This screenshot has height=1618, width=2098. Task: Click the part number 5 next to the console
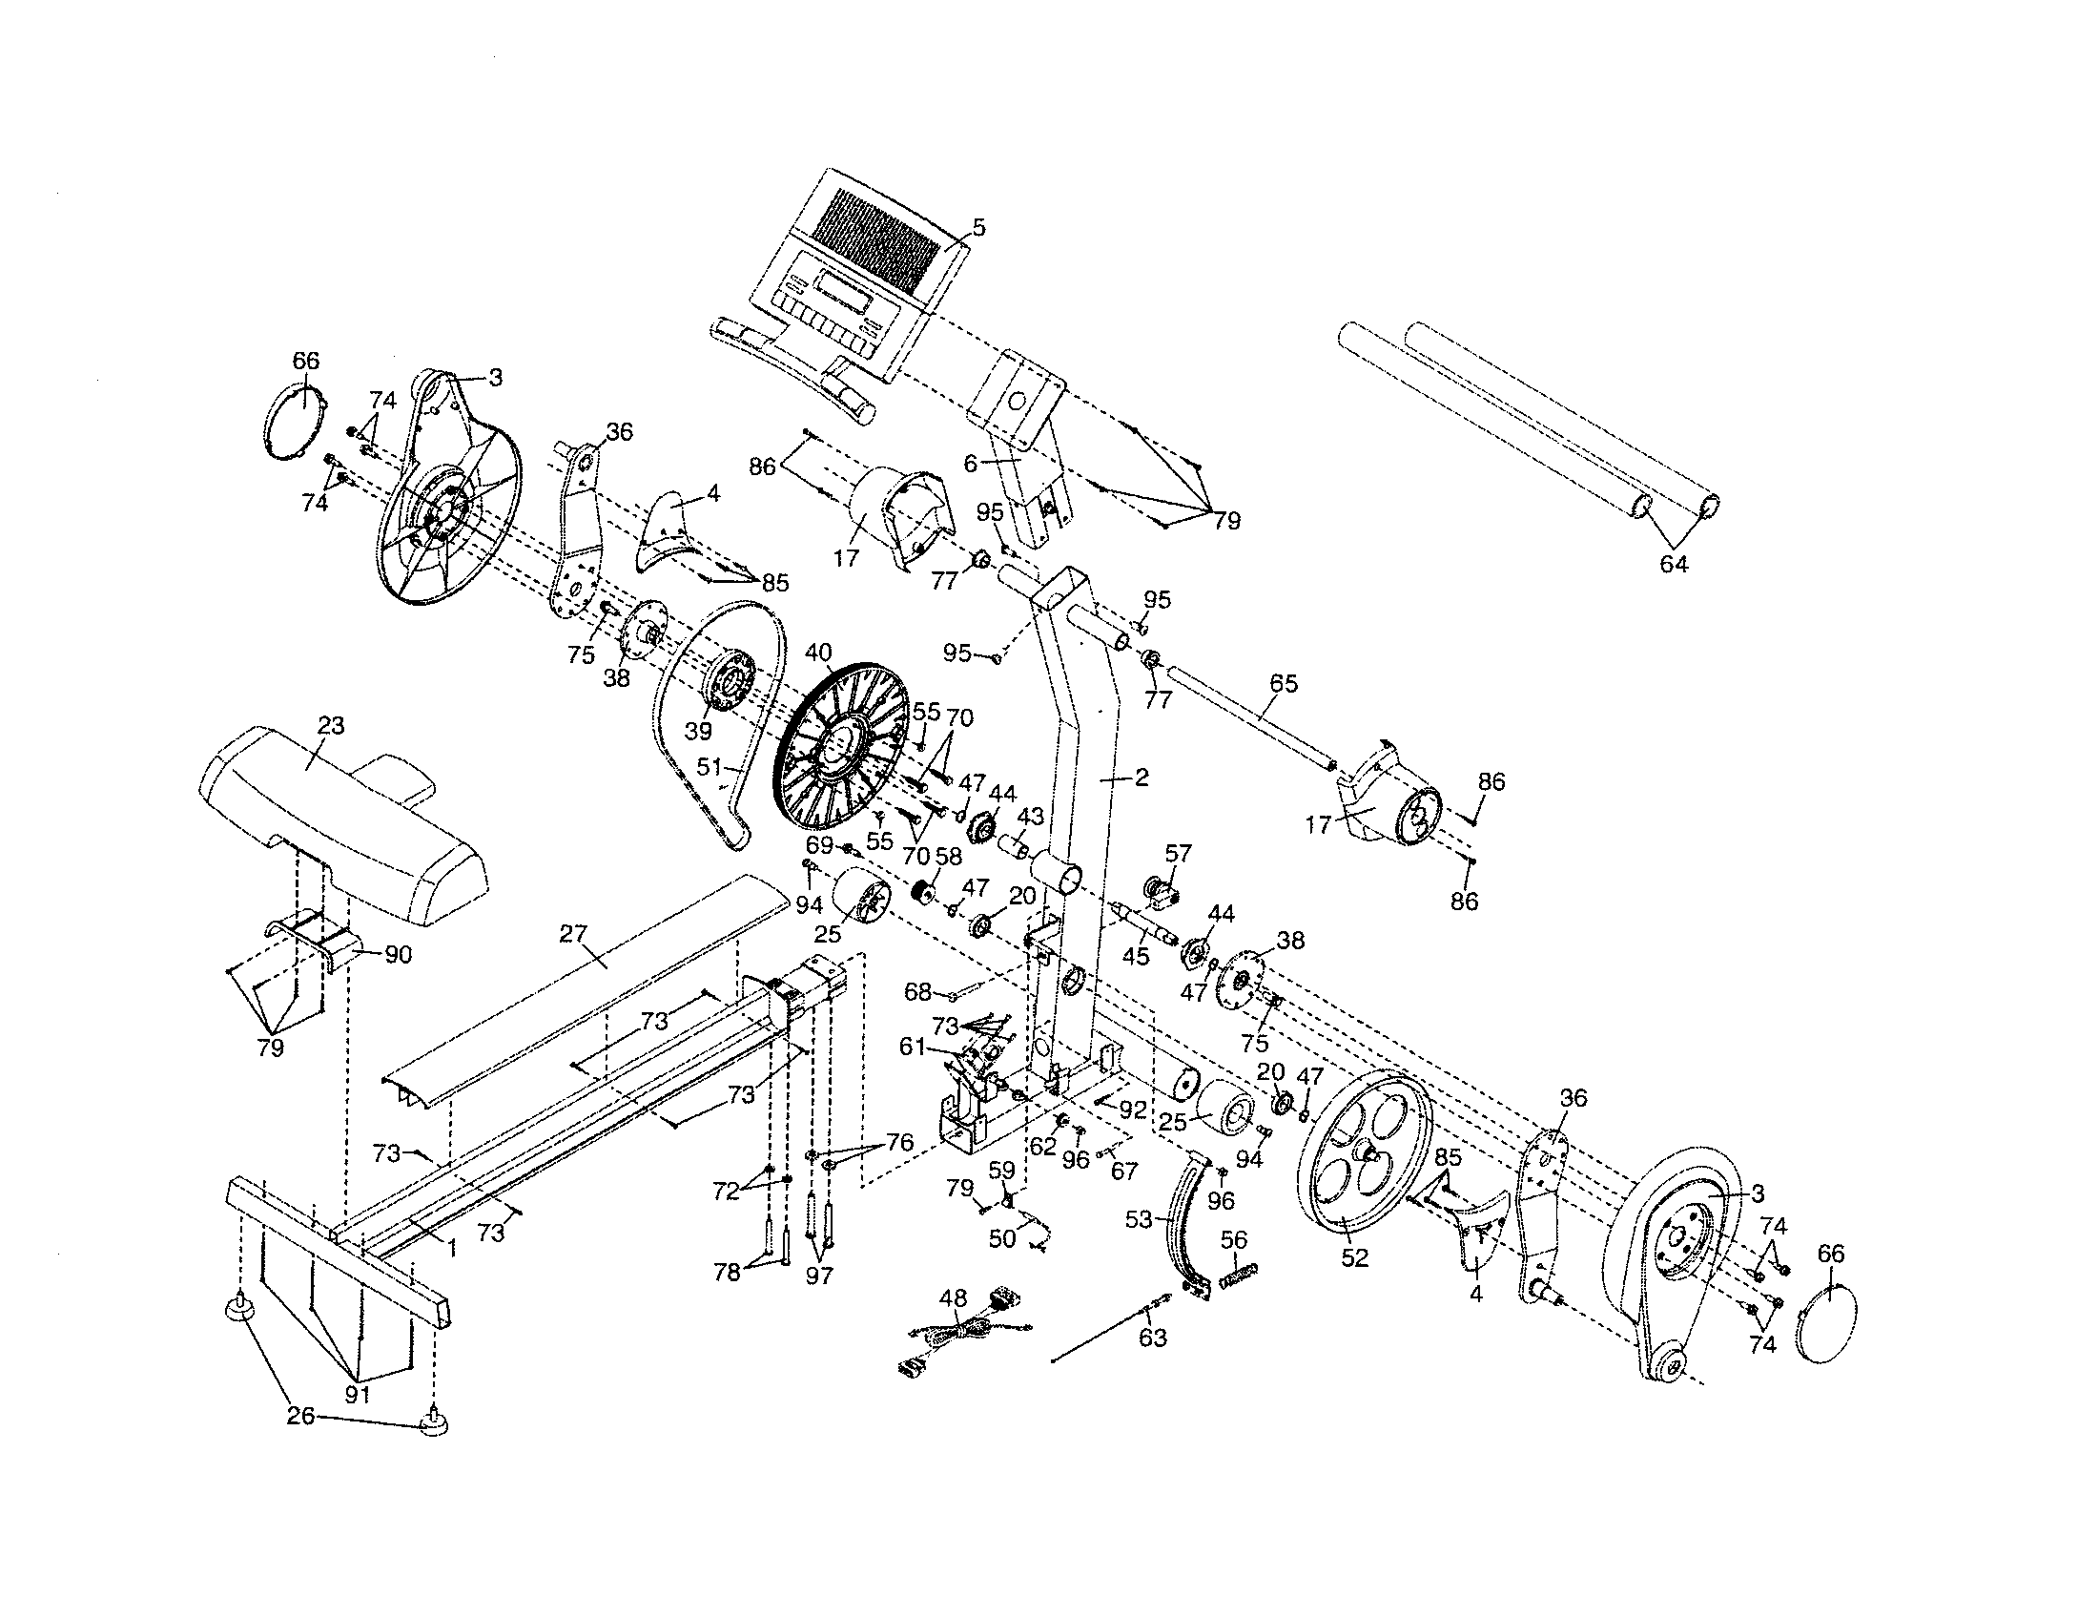click(x=977, y=228)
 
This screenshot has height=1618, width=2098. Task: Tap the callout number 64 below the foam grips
click(x=1674, y=564)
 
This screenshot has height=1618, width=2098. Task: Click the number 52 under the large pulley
click(x=1353, y=1257)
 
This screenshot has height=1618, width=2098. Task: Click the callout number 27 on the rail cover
click(x=573, y=933)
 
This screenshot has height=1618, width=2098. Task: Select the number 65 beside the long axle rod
click(x=1284, y=683)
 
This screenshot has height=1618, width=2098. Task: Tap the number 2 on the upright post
click(x=1142, y=778)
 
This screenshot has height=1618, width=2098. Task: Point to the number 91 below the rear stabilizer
click(x=358, y=1394)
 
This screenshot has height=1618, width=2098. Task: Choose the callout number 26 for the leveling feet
click(x=300, y=1417)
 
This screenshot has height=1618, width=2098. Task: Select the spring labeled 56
click(x=1238, y=1279)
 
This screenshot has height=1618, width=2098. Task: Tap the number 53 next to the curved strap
click(x=1139, y=1220)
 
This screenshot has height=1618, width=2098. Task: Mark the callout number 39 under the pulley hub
click(x=698, y=730)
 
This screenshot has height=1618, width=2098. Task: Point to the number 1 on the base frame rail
click(x=451, y=1248)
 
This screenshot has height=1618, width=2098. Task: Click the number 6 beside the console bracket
click(x=970, y=464)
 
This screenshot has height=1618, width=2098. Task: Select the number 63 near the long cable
click(x=1152, y=1338)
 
